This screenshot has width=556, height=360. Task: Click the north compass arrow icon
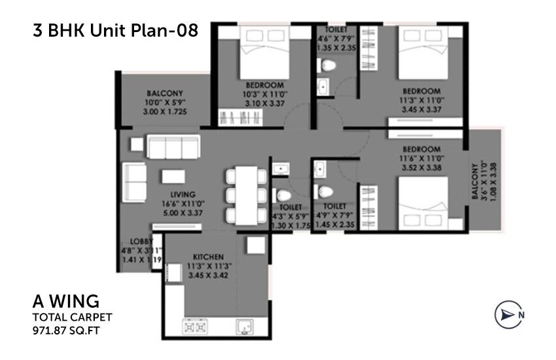pyautogui.click(x=506, y=314)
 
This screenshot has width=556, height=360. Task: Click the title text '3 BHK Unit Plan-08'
pyautogui.click(x=115, y=31)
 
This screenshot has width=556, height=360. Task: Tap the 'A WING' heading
pyautogui.click(x=66, y=301)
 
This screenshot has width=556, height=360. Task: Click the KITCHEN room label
pyautogui.click(x=209, y=257)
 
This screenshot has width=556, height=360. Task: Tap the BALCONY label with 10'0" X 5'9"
pyautogui.click(x=165, y=93)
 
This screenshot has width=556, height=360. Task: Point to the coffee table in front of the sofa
pyautogui.click(x=175, y=176)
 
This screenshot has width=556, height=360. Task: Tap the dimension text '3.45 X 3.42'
pyautogui.click(x=209, y=277)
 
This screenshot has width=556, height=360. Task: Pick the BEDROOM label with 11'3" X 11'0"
pyautogui.click(x=421, y=91)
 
